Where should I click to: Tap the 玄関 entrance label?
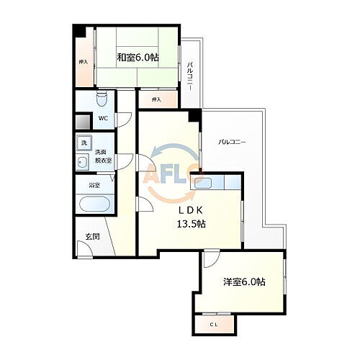click(x=91, y=236)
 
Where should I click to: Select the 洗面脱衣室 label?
click(x=104, y=155)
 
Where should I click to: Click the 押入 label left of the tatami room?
click(x=83, y=62)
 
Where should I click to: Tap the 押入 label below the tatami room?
click(x=156, y=99)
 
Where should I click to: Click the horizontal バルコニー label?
click(x=232, y=143)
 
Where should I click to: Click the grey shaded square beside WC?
click(x=83, y=121)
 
